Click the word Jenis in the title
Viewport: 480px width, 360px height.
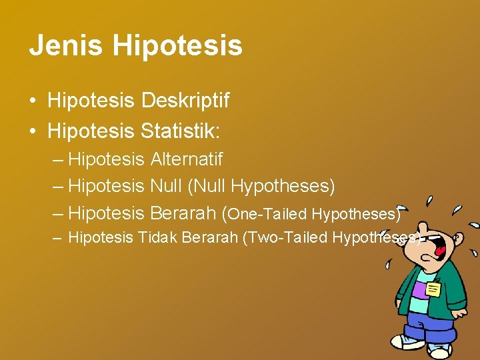point(65,46)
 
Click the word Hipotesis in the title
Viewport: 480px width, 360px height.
point(177,46)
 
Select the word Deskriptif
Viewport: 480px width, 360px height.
point(185,101)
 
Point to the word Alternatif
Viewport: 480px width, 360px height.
point(186,159)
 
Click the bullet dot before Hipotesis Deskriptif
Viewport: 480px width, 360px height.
point(32,101)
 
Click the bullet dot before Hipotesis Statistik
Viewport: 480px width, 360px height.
point(32,132)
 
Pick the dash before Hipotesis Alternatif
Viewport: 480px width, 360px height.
point(58,160)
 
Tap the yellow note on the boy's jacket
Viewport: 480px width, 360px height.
point(433,289)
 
